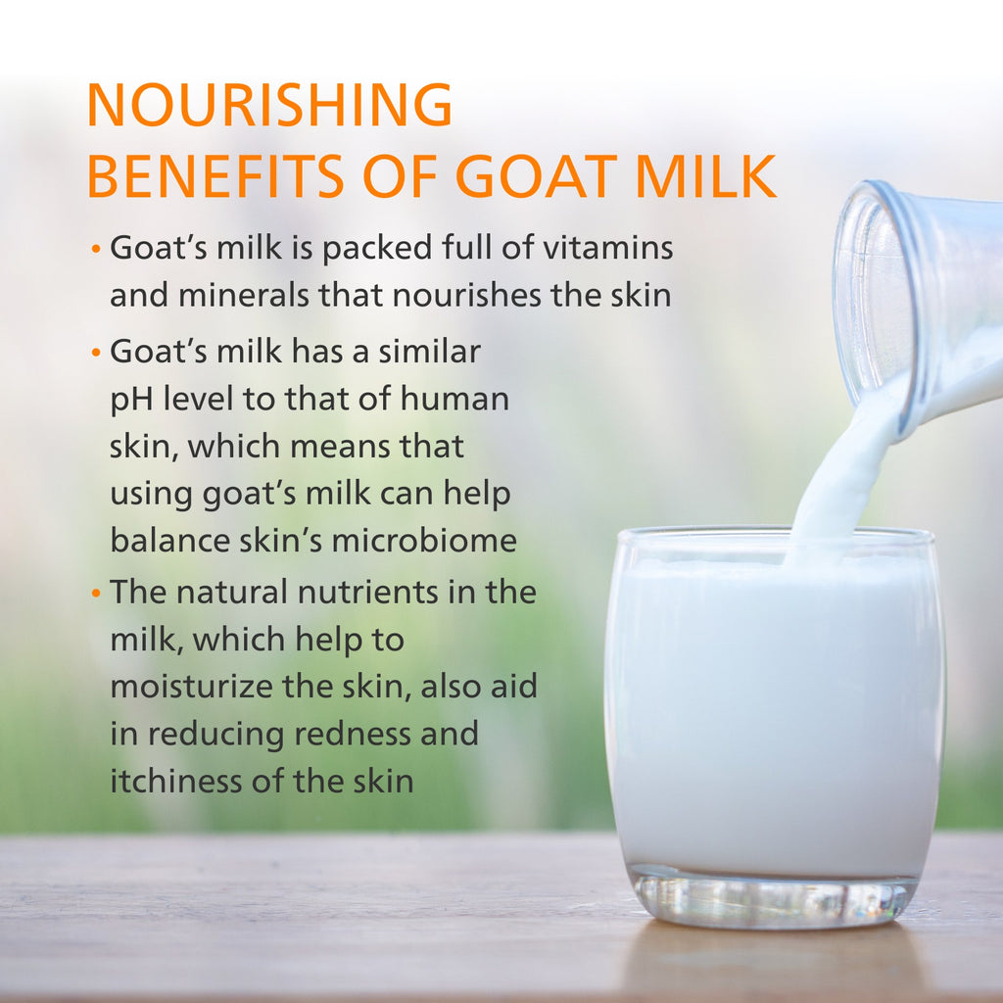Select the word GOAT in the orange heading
click(x=535, y=176)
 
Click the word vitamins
click(x=607, y=248)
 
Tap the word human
click(x=454, y=399)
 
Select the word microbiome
click(x=424, y=541)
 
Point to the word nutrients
click(x=368, y=592)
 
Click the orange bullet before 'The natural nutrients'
click(x=96, y=594)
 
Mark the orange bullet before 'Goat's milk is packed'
click(x=96, y=248)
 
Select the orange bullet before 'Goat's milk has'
click(x=96, y=352)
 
